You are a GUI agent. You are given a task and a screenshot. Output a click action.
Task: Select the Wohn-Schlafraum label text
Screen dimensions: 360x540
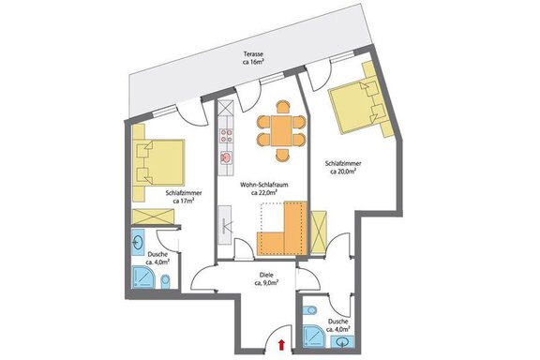click(262, 188)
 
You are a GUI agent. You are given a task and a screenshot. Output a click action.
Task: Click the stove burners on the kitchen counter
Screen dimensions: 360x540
click(225, 138)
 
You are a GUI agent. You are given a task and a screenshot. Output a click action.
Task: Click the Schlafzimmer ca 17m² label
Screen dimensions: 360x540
click(186, 196)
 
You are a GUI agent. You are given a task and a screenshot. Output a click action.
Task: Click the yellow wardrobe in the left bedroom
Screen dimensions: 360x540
click(153, 217)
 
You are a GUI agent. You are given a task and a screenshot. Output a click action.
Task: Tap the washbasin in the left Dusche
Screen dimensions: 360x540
click(138, 242)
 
